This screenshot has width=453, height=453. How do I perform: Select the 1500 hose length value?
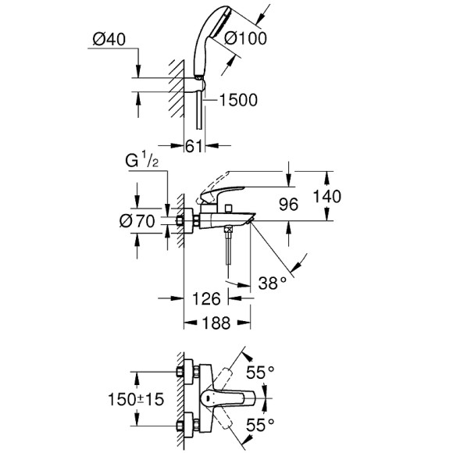pyautogui.click(x=240, y=99)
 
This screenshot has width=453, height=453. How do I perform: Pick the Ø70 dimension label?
pyautogui.click(x=137, y=220)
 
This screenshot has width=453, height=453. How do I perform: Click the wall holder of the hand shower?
pyautogui.click(x=197, y=79)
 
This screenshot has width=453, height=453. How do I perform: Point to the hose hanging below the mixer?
pyautogui.click(x=226, y=250)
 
